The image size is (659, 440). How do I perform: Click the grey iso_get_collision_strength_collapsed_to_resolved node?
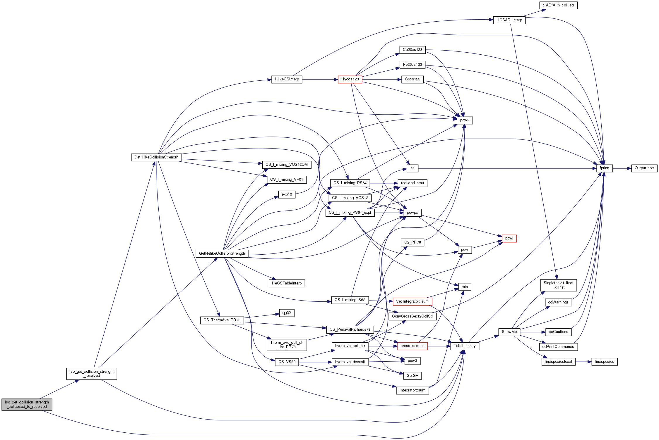click(27, 404)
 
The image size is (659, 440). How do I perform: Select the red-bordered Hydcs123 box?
click(350, 79)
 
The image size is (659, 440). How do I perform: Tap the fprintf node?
click(605, 168)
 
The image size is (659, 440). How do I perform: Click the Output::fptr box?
click(644, 168)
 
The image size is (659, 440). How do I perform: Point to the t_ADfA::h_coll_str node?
click(558, 5)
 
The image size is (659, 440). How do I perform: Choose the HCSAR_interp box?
click(509, 20)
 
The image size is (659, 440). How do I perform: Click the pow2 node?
click(465, 120)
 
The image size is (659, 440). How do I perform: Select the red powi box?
click(509, 238)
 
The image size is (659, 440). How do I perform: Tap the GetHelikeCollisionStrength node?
click(222, 253)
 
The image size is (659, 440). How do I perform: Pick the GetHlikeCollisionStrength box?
click(156, 157)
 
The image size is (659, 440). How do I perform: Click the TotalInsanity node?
click(465, 346)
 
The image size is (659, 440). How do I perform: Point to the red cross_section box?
click(412, 346)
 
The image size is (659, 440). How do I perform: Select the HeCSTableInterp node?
click(287, 283)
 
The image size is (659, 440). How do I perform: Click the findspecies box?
click(605, 362)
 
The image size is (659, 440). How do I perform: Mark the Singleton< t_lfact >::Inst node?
click(559, 285)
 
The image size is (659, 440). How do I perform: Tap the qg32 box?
click(287, 313)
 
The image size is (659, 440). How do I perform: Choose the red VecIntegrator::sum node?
click(412, 301)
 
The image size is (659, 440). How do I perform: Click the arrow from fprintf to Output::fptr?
click(622, 168)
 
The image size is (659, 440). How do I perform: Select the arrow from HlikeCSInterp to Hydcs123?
click(320, 80)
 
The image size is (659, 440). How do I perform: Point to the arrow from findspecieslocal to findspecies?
click(583, 362)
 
